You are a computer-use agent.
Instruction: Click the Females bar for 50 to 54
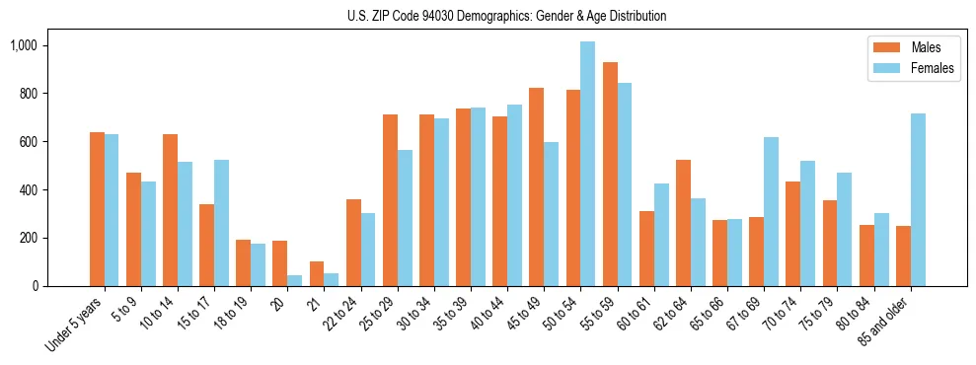[587, 164]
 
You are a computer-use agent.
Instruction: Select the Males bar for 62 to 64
[683, 223]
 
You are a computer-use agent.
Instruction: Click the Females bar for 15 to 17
[221, 223]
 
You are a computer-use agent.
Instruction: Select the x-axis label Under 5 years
[74, 325]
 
